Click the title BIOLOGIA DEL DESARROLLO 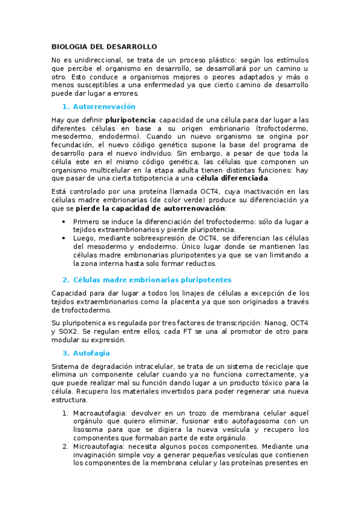point(104,46)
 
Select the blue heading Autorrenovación point(104,106)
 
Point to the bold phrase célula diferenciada point(233,178)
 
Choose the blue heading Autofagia point(91,353)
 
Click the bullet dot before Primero point(65,222)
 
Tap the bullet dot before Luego point(65,238)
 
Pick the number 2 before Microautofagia point(65,446)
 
